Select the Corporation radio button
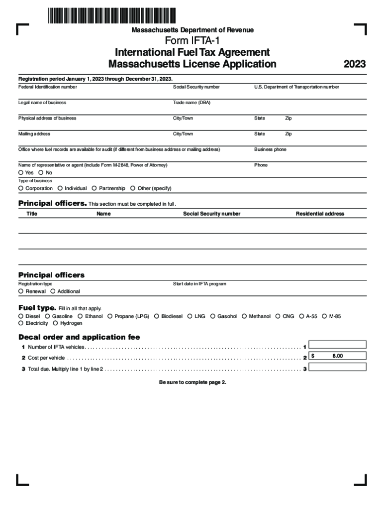(x=21, y=188)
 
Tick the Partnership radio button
(x=94, y=188)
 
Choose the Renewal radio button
(x=21, y=291)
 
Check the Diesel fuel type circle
(x=21, y=316)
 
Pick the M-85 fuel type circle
(x=324, y=316)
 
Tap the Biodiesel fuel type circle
(x=157, y=316)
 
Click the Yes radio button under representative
(x=21, y=173)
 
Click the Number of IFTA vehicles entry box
(x=338, y=344)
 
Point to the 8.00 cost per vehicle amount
(x=338, y=356)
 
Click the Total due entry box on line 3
(x=338, y=367)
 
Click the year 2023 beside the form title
(x=355, y=64)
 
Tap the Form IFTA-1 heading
(x=192, y=41)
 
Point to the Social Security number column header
(x=211, y=214)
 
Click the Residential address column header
(x=320, y=214)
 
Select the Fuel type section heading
(x=37, y=308)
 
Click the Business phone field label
(x=270, y=149)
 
